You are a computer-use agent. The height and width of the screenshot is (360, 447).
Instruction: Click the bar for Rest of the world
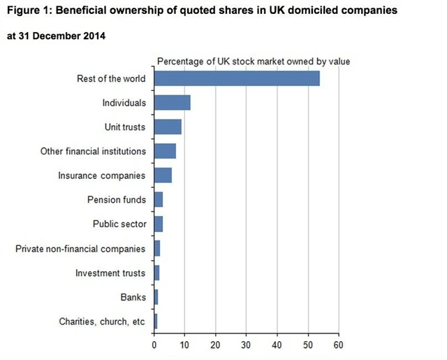click(237, 78)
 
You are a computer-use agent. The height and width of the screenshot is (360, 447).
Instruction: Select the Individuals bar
click(172, 103)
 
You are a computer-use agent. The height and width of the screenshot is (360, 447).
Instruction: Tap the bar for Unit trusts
click(168, 127)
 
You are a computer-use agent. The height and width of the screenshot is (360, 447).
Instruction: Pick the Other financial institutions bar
click(165, 151)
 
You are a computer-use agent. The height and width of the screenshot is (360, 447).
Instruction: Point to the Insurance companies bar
click(163, 175)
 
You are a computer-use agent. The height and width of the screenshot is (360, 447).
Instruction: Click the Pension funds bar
click(159, 200)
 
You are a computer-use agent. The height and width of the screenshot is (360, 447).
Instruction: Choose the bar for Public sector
click(159, 224)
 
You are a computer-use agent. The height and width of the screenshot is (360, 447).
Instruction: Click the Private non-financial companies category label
click(80, 249)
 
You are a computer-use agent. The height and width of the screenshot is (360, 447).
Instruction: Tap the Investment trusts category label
click(110, 273)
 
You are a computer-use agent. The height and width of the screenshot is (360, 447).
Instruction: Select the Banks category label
click(133, 298)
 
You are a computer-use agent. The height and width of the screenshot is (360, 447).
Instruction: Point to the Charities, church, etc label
click(102, 322)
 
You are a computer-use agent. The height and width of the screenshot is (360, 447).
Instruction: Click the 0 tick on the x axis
click(154, 345)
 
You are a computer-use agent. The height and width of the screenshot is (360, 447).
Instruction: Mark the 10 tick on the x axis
click(185, 345)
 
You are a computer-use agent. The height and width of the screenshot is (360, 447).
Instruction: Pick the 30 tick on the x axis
click(247, 345)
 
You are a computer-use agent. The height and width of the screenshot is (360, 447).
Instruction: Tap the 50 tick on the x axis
click(308, 345)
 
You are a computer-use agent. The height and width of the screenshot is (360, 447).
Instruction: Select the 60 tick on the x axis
click(339, 345)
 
